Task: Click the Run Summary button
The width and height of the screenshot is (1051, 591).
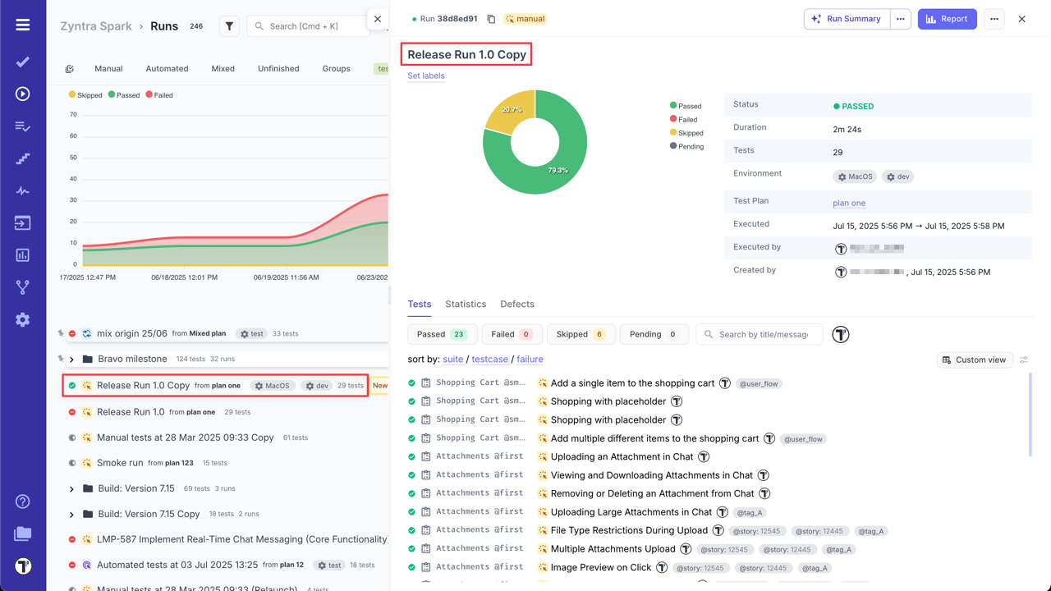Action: pos(847,19)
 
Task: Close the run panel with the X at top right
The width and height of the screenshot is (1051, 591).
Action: pos(1021,19)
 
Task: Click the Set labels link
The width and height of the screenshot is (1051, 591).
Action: pos(426,76)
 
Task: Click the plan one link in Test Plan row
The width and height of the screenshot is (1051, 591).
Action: pos(849,203)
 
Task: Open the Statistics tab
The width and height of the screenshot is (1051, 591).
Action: pos(466,304)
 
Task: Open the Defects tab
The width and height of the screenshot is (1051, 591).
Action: pos(517,304)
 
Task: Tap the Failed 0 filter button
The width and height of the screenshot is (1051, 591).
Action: pos(512,334)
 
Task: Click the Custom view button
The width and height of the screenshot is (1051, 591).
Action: pos(975,360)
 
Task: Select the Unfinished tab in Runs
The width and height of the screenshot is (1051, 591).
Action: pos(278,69)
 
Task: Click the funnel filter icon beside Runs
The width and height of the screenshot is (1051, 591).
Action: pos(229,26)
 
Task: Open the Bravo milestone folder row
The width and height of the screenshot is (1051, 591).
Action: pos(132,359)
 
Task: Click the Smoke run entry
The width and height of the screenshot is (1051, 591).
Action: pos(120,463)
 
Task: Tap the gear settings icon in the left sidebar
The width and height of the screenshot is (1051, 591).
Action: pos(23,319)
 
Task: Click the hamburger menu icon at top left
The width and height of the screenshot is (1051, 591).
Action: pos(23,25)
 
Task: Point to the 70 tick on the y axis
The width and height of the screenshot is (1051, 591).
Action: pos(73,115)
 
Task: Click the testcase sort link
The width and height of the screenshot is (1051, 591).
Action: pos(489,360)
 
